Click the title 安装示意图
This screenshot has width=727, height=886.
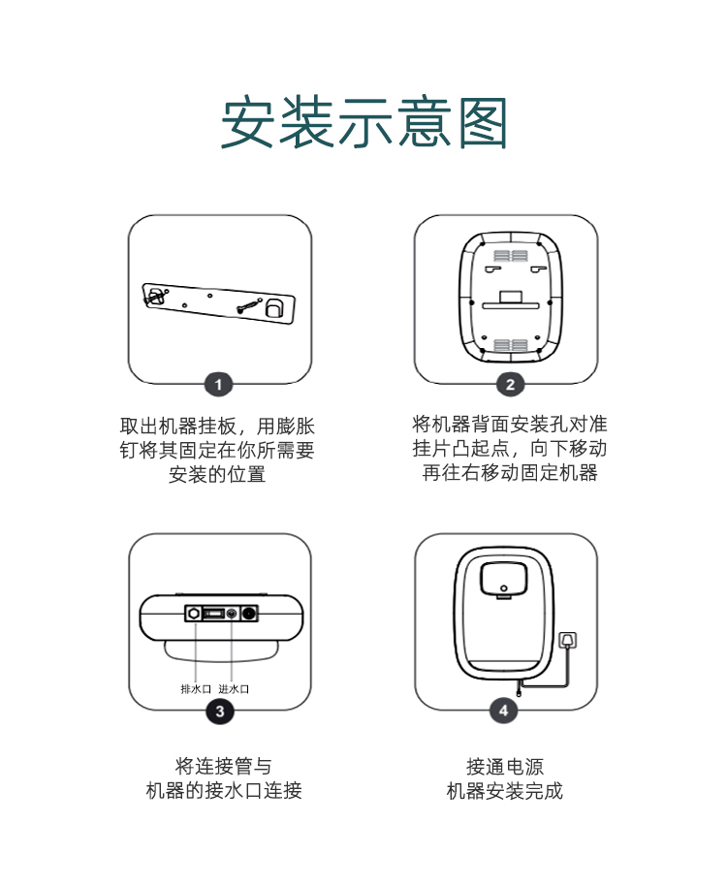(363, 122)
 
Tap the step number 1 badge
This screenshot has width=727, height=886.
(219, 386)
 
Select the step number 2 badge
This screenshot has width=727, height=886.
(510, 385)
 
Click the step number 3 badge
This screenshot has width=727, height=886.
(220, 711)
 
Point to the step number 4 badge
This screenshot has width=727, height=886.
(504, 710)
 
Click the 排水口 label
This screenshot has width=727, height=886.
(196, 689)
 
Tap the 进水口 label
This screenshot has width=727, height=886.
(234, 689)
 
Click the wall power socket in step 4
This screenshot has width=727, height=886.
(568, 640)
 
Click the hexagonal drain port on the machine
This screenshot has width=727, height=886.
(194, 613)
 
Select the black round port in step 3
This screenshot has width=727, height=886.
(249, 613)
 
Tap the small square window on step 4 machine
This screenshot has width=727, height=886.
(503, 579)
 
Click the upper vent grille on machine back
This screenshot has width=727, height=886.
(511, 255)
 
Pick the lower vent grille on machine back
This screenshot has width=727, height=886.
(511, 345)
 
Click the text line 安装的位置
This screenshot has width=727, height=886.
(217, 474)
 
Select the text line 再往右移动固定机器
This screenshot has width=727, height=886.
(510, 472)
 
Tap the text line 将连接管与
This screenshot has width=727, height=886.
(224, 766)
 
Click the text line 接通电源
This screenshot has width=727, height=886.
(505, 767)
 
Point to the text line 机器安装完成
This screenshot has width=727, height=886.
(505, 791)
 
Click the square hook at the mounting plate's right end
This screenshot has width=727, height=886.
(274, 308)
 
